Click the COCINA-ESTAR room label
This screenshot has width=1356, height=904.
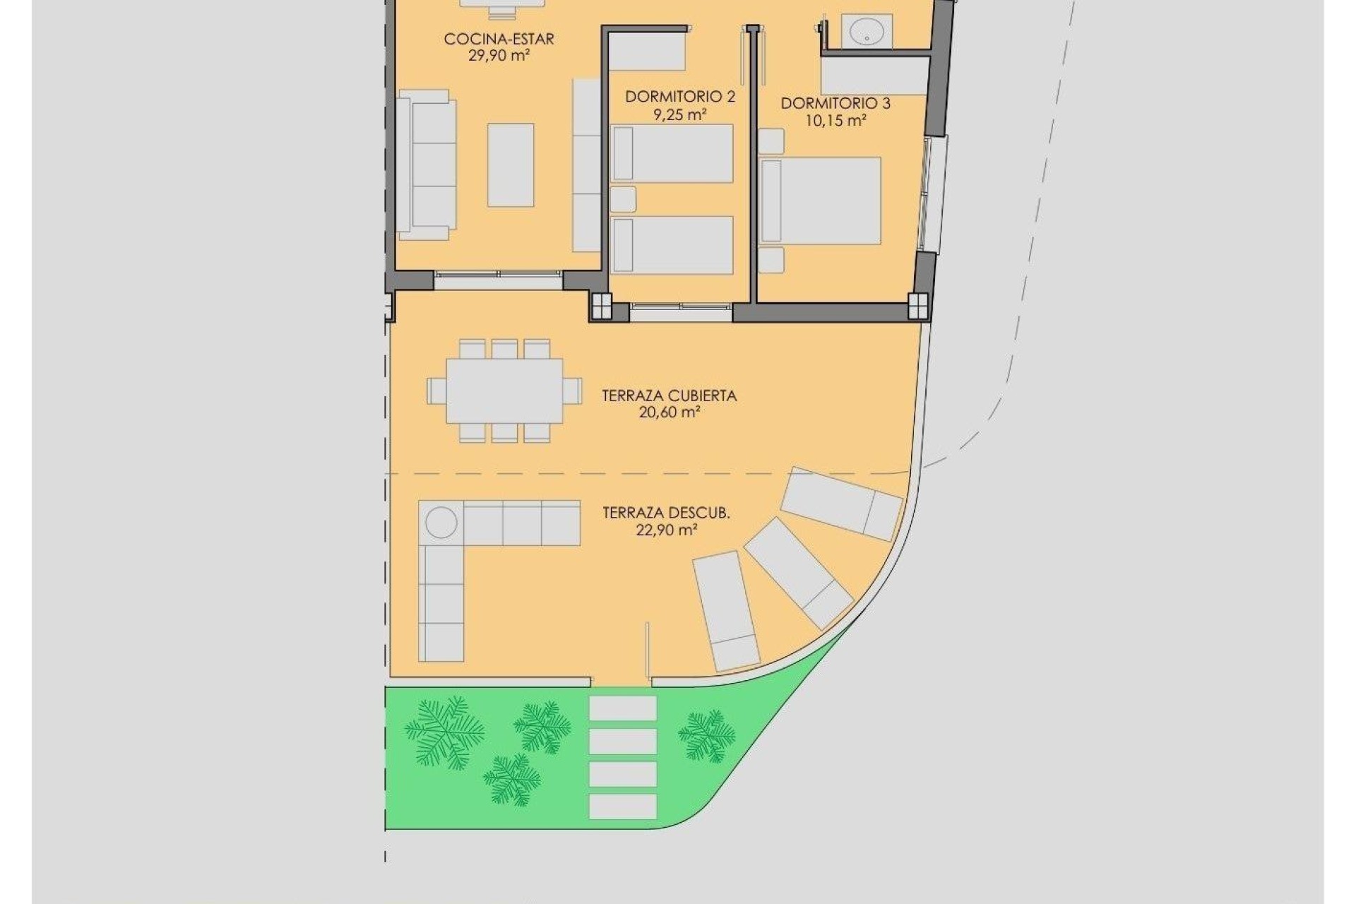tap(499, 39)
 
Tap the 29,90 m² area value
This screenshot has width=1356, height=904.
tap(499, 56)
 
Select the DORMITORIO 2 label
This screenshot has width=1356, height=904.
tap(679, 97)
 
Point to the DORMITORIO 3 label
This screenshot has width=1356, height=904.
tap(835, 104)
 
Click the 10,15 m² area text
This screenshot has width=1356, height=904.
tap(835, 121)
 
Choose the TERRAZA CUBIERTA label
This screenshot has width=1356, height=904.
tap(669, 395)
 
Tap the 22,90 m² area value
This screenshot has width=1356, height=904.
tap(667, 530)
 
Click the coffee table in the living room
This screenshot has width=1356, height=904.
tap(511, 165)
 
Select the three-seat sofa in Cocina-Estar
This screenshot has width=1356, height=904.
tap(425, 165)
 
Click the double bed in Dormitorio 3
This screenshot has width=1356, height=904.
tap(821, 201)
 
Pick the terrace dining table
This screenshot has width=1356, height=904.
tap(504, 391)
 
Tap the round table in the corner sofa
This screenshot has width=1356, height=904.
tap(441, 523)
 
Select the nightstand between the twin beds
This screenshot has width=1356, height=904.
tap(623, 199)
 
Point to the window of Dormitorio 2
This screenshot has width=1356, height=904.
tap(681, 307)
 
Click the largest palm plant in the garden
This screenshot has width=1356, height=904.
tap(444, 732)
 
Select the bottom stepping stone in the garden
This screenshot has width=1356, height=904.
tap(622, 807)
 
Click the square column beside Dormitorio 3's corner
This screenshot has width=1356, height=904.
tap(918, 307)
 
